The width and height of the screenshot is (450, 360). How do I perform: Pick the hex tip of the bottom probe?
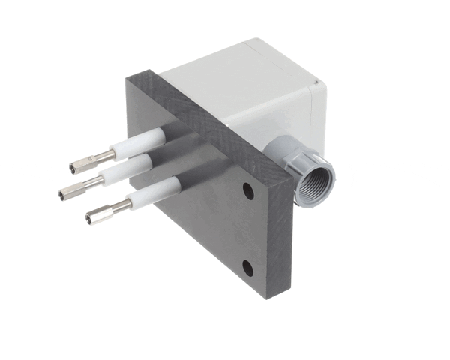pyautogui.click(x=96, y=217)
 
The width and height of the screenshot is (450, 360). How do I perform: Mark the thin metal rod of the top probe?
pyautogui.click(x=105, y=156)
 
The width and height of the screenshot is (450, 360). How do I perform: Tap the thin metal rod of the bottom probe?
pyautogui.click(x=120, y=207)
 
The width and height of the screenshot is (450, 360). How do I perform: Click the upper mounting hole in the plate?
pyautogui.click(x=247, y=192)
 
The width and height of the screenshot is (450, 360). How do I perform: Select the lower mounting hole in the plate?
pyautogui.click(x=247, y=265)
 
